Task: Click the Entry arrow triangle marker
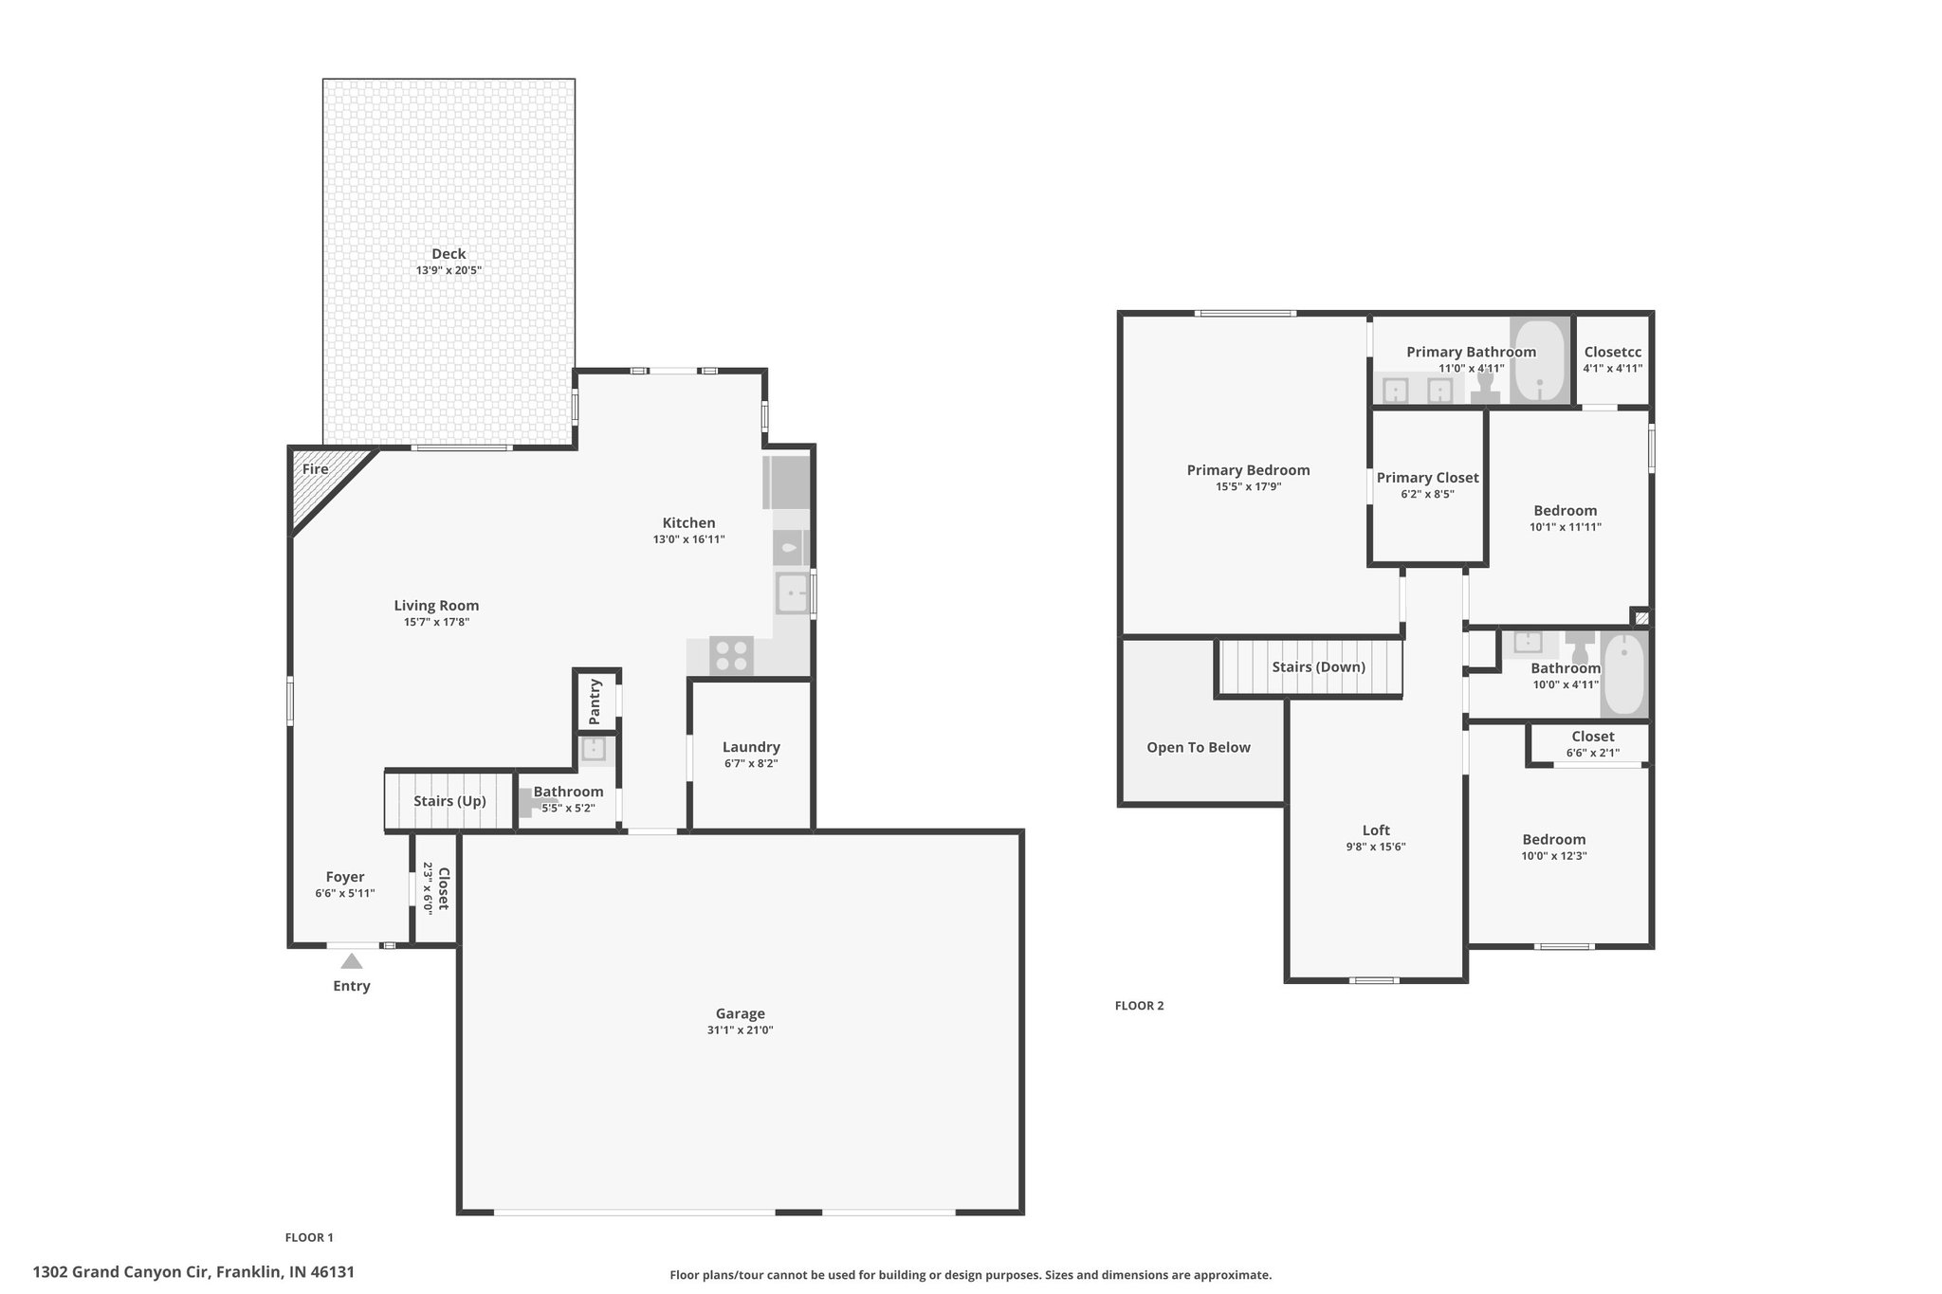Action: click(352, 961)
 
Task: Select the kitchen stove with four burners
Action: click(731, 655)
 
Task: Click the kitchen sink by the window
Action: click(792, 593)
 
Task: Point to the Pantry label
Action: click(595, 702)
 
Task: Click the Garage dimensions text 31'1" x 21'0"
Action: click(740, 1030)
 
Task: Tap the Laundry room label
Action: click(751, 747)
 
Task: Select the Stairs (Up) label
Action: click(449, 801)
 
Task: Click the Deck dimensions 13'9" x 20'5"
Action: click(449, 270)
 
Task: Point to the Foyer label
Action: click(345, 877)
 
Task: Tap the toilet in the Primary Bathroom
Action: click(1485, 386)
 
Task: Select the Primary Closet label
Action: click(1427, 478)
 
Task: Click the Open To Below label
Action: click(1199, 748)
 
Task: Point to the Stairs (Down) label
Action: click(1319, 667)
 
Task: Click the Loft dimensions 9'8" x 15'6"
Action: click(1376, 847)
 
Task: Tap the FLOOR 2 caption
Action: click(1139, 1006)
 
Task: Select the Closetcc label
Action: click(1613, 353)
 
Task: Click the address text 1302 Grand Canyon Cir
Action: click(122, 1272)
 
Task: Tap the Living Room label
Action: click(436, 606)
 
